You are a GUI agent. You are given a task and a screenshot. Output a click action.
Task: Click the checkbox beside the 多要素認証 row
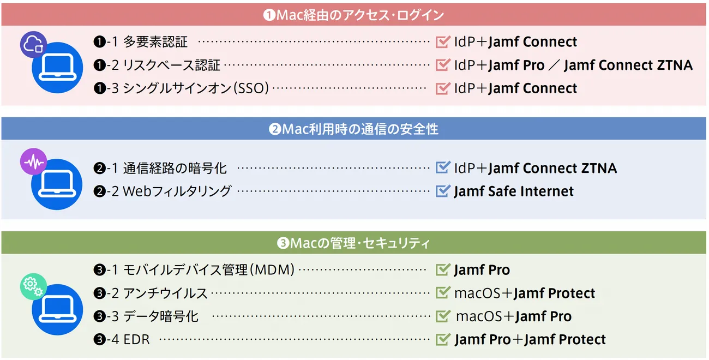443,41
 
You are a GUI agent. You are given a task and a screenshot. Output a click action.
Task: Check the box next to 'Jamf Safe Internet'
443,191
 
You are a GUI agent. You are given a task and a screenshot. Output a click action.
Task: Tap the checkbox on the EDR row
443,339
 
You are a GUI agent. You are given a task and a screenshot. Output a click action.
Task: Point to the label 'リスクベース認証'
171,65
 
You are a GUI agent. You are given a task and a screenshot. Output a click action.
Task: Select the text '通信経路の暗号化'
175,168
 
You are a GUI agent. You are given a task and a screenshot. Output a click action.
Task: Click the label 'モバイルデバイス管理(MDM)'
209,270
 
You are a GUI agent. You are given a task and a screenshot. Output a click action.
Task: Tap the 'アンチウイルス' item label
165,293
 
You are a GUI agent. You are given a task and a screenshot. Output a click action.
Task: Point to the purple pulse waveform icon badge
33,162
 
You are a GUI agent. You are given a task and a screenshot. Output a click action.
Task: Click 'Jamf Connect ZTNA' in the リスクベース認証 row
628,65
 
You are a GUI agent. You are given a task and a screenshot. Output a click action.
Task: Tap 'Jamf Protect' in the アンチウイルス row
554,293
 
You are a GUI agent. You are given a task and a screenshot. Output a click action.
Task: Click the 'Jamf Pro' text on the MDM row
482,270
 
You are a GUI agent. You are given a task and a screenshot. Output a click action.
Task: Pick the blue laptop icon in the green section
57,309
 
